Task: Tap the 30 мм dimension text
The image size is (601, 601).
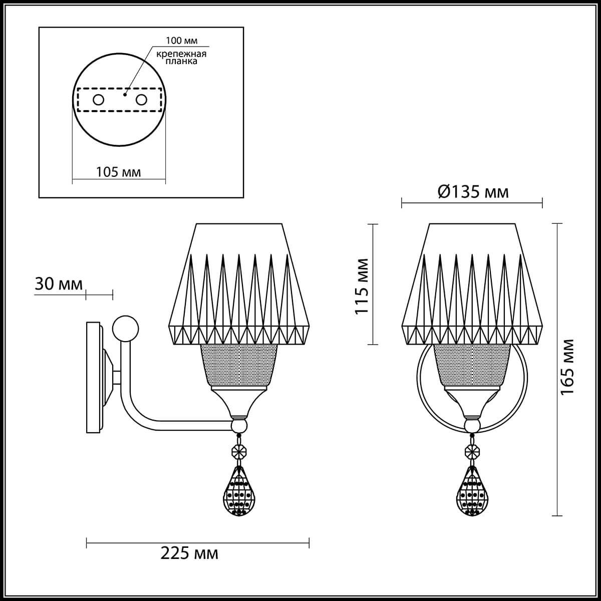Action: tap(59, 284)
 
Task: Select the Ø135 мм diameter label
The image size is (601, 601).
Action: tap(473, 191)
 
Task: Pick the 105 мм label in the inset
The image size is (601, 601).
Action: tap(118, 172)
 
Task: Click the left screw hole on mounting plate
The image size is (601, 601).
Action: tap(98, 100)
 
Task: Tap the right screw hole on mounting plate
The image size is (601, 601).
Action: tap(142, 100)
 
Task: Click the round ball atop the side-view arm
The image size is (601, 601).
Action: tap(125, 328)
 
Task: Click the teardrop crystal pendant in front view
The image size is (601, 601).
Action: tap(471, 493)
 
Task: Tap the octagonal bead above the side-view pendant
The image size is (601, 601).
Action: tap(239, 451)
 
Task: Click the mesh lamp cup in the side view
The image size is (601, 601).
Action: tap(239, 367)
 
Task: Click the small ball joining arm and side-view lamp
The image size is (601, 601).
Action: tap(239, 426)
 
